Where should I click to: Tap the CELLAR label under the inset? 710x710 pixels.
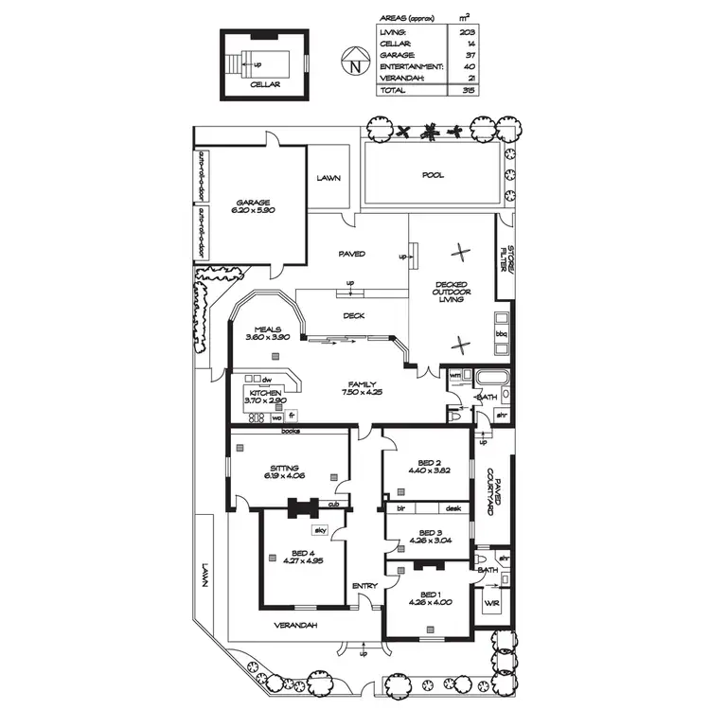[265, 84]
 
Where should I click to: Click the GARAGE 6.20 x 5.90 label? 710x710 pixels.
[254, 206]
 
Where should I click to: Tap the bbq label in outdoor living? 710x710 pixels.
[502, 334]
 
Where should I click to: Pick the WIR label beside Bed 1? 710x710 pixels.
[491, 602]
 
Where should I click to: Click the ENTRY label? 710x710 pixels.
[364, 586]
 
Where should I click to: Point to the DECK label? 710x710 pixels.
[354, 317]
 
